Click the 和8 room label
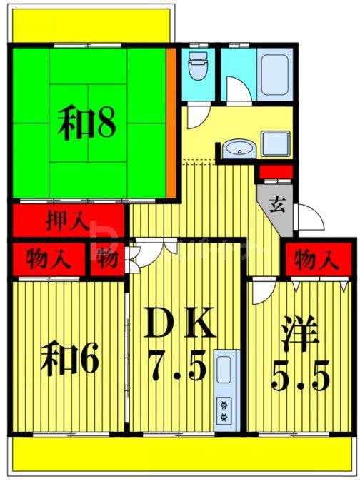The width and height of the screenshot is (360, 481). [86, 124]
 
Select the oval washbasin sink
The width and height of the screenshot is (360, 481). [236, 149]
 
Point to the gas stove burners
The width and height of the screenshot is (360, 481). [224, 411]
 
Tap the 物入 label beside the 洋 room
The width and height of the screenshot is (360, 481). [314, 259]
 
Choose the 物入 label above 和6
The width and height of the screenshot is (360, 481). [47, 259]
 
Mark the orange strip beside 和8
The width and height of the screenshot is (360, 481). [171, 121]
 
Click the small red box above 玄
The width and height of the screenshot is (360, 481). [275, 171]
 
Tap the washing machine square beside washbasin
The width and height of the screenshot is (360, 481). [274, 143]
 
